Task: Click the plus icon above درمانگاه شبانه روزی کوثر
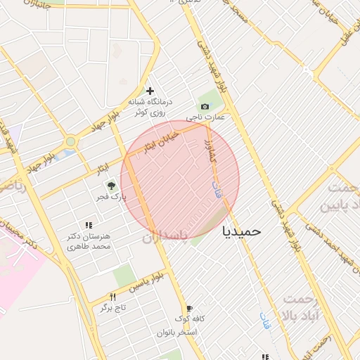pyautogui.click(x=149, y=91)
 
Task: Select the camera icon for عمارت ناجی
pyautogui.click(x=205, y=106)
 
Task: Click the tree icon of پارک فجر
pyautogui.click(x=111, y=186)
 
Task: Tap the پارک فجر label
pyautogui.click(x=111, y=198)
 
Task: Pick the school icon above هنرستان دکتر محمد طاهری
pyautogui.click(x=88, y=225)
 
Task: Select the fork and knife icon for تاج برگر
pyautogui.click(x=112, y=297)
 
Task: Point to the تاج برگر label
pyautogui.click(x=111, y=308)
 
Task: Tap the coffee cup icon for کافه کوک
pyautogui.click(x=189, y=308)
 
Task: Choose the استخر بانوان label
pyautogui.click(x=180, y=331)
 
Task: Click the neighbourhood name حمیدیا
pyautogui.click(x=241, y=231)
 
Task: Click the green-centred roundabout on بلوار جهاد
pyautogui.click(x=70, y=142)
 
